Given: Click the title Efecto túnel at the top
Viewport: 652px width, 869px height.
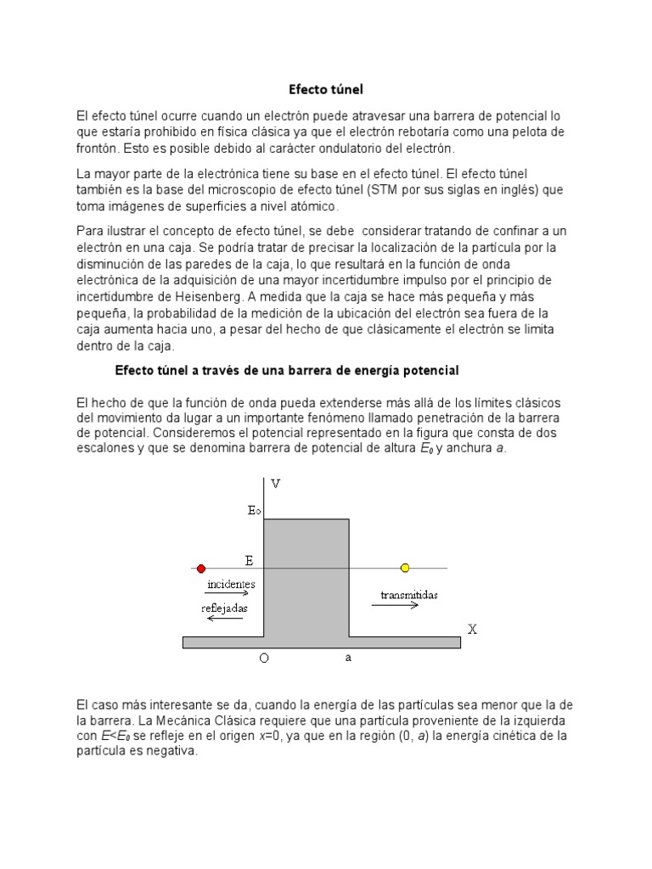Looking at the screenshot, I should pos(325,88).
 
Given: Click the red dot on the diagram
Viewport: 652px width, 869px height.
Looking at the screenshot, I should pos(201,568).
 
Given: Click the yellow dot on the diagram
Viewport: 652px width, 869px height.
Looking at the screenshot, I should pos(405,568).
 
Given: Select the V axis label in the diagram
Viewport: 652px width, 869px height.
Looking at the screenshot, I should pos(275,484).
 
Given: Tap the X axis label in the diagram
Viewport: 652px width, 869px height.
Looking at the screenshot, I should pos(473,629).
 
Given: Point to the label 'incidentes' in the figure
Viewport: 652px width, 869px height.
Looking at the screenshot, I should pos(231,585).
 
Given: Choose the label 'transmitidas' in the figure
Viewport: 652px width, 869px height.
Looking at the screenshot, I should pos(405,595).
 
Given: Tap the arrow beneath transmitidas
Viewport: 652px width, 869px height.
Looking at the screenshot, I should pos(400,605).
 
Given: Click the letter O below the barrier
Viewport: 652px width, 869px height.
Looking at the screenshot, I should pos(265,659).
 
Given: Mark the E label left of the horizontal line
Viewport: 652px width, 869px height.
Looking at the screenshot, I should pos(249,560).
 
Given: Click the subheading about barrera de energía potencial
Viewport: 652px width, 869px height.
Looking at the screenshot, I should pos(287,371).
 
